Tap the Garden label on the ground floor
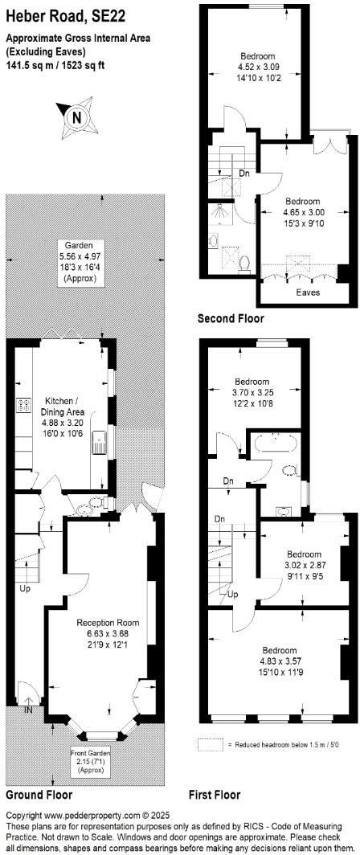(80, 245)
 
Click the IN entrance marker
(29, 710)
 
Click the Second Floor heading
(230, 319)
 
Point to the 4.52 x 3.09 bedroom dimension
(256, 67)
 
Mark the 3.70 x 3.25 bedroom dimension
(252, 392)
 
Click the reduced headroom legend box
(211, 745)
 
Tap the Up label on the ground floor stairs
(25, 588)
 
